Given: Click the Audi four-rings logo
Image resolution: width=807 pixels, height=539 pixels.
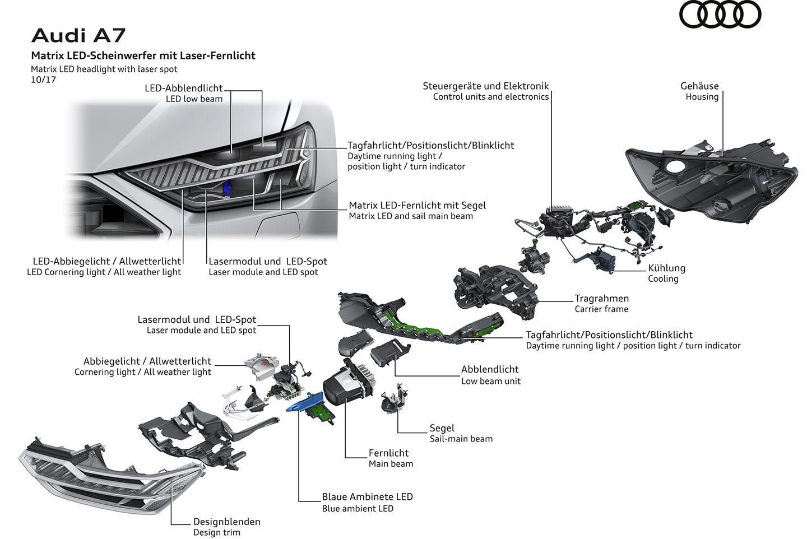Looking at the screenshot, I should tap(720, 15).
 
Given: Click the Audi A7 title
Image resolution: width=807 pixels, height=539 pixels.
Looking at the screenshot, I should tap(78, 35).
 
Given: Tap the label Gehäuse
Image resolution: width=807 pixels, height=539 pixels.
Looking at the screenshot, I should tap(699, 86).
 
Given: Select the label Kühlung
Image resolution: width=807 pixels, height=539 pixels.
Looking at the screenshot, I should tap(666, 268).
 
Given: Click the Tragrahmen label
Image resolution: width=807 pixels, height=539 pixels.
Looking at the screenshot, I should tap(601, 298).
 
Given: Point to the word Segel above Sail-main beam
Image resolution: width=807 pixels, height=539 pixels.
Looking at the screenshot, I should tap(442, 428).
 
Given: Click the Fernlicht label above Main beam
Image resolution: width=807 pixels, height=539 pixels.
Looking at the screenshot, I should tap(388, 453).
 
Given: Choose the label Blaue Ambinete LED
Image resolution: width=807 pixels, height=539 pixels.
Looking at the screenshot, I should tap(367, 496).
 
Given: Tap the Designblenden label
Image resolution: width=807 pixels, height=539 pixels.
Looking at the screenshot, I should tap(226, 522).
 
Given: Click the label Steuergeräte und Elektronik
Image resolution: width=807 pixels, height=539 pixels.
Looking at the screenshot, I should tap(485, 86).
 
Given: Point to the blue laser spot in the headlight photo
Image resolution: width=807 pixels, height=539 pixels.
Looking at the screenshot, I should tap(226, 189).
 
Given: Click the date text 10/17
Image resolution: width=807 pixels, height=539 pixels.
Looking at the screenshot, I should tap(43, 80).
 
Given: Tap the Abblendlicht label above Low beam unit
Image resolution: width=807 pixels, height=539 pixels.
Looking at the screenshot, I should tap(489, 369).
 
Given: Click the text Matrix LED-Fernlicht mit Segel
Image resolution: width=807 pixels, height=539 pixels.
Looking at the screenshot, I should tap(417, 205).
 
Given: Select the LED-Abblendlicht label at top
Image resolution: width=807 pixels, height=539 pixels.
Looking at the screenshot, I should tap(183, 88).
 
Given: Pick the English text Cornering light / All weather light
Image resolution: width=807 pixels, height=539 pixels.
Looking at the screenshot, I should tap(142, 372).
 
